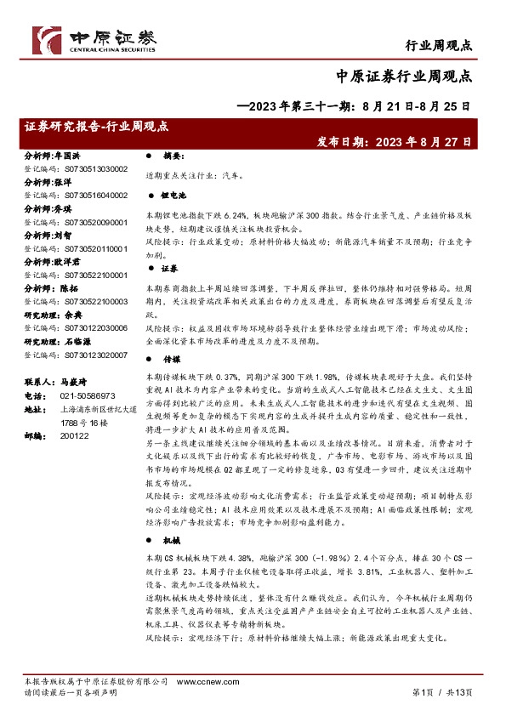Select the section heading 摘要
point(173,157)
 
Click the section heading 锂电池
point(174,196)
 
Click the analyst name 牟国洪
point(67,157)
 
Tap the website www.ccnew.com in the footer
point(199,683)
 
